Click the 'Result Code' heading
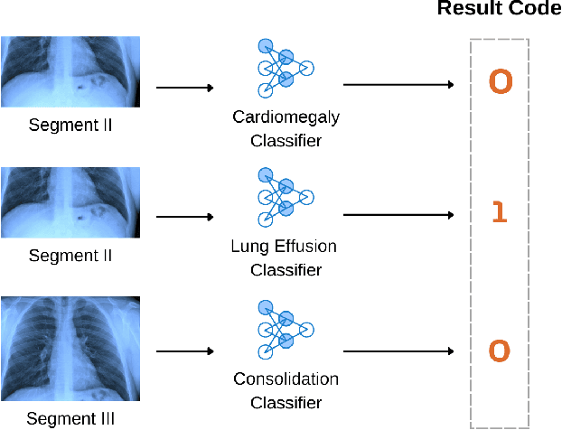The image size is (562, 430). [499, 10]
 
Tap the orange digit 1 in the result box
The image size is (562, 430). [500, 213]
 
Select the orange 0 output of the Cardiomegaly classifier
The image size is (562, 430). [500, 83]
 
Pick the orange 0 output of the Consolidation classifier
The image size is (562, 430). [500, 351]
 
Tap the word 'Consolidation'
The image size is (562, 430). [286, 379]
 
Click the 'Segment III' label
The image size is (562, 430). [70, 418]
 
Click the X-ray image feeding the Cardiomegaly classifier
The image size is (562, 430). [70, 71]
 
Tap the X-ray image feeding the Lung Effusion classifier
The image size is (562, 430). [70, 202]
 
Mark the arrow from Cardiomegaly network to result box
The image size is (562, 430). [398, 86]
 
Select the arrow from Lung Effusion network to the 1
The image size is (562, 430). [398, 215]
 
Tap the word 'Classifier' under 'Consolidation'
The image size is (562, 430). [286, 402]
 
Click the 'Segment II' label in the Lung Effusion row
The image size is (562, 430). [70, 256]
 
